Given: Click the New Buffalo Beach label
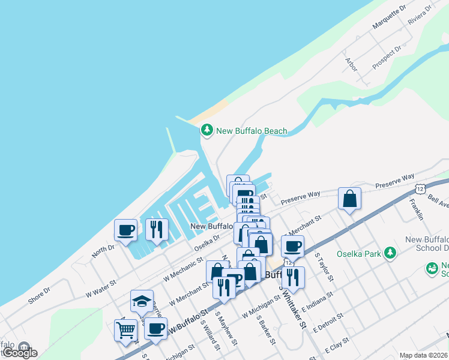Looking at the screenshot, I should tap(252, 131).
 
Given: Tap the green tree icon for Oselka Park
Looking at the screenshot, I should tap(391, 253).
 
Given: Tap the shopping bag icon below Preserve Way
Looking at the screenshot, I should tap(349, 199).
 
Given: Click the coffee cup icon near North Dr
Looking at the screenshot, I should tap(126, 230).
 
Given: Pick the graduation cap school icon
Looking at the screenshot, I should tap(142, 301).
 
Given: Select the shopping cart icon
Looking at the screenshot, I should tap(125, 329).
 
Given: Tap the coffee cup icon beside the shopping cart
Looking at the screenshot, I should tap(156, 329).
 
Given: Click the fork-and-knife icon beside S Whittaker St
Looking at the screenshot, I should tap(292, 277).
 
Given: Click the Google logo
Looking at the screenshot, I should tap(19, 353).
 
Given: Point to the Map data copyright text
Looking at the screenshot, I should tap(424, 355).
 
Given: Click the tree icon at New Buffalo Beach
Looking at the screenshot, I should tap(207, 130).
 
